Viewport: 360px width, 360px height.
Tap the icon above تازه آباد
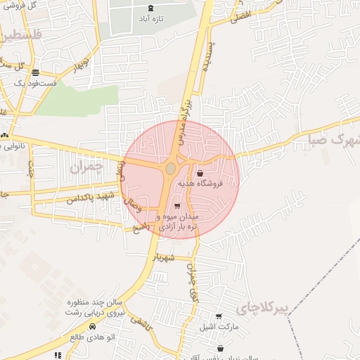point(151,8)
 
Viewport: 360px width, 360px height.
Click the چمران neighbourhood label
point(86,167)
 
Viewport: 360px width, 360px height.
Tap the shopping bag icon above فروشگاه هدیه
point(200,173)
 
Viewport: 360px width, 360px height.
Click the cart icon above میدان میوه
point(176,206)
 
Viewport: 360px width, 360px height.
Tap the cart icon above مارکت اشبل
point(219,316)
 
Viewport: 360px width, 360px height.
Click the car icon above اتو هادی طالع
point(93,327)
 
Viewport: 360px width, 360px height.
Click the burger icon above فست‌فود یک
point(35,72)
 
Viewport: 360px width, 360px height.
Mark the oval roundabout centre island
point(171,168)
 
